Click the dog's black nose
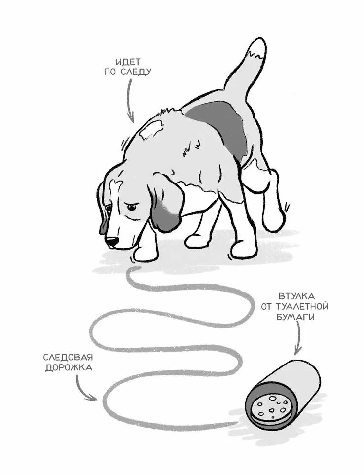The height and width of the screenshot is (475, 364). (111, 241)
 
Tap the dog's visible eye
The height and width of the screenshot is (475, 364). (131, 208)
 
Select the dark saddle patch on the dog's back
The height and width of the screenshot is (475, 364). (218, 127)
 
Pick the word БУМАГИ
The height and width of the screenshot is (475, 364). (294, 317)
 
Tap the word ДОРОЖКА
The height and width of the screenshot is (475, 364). (69, 368)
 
